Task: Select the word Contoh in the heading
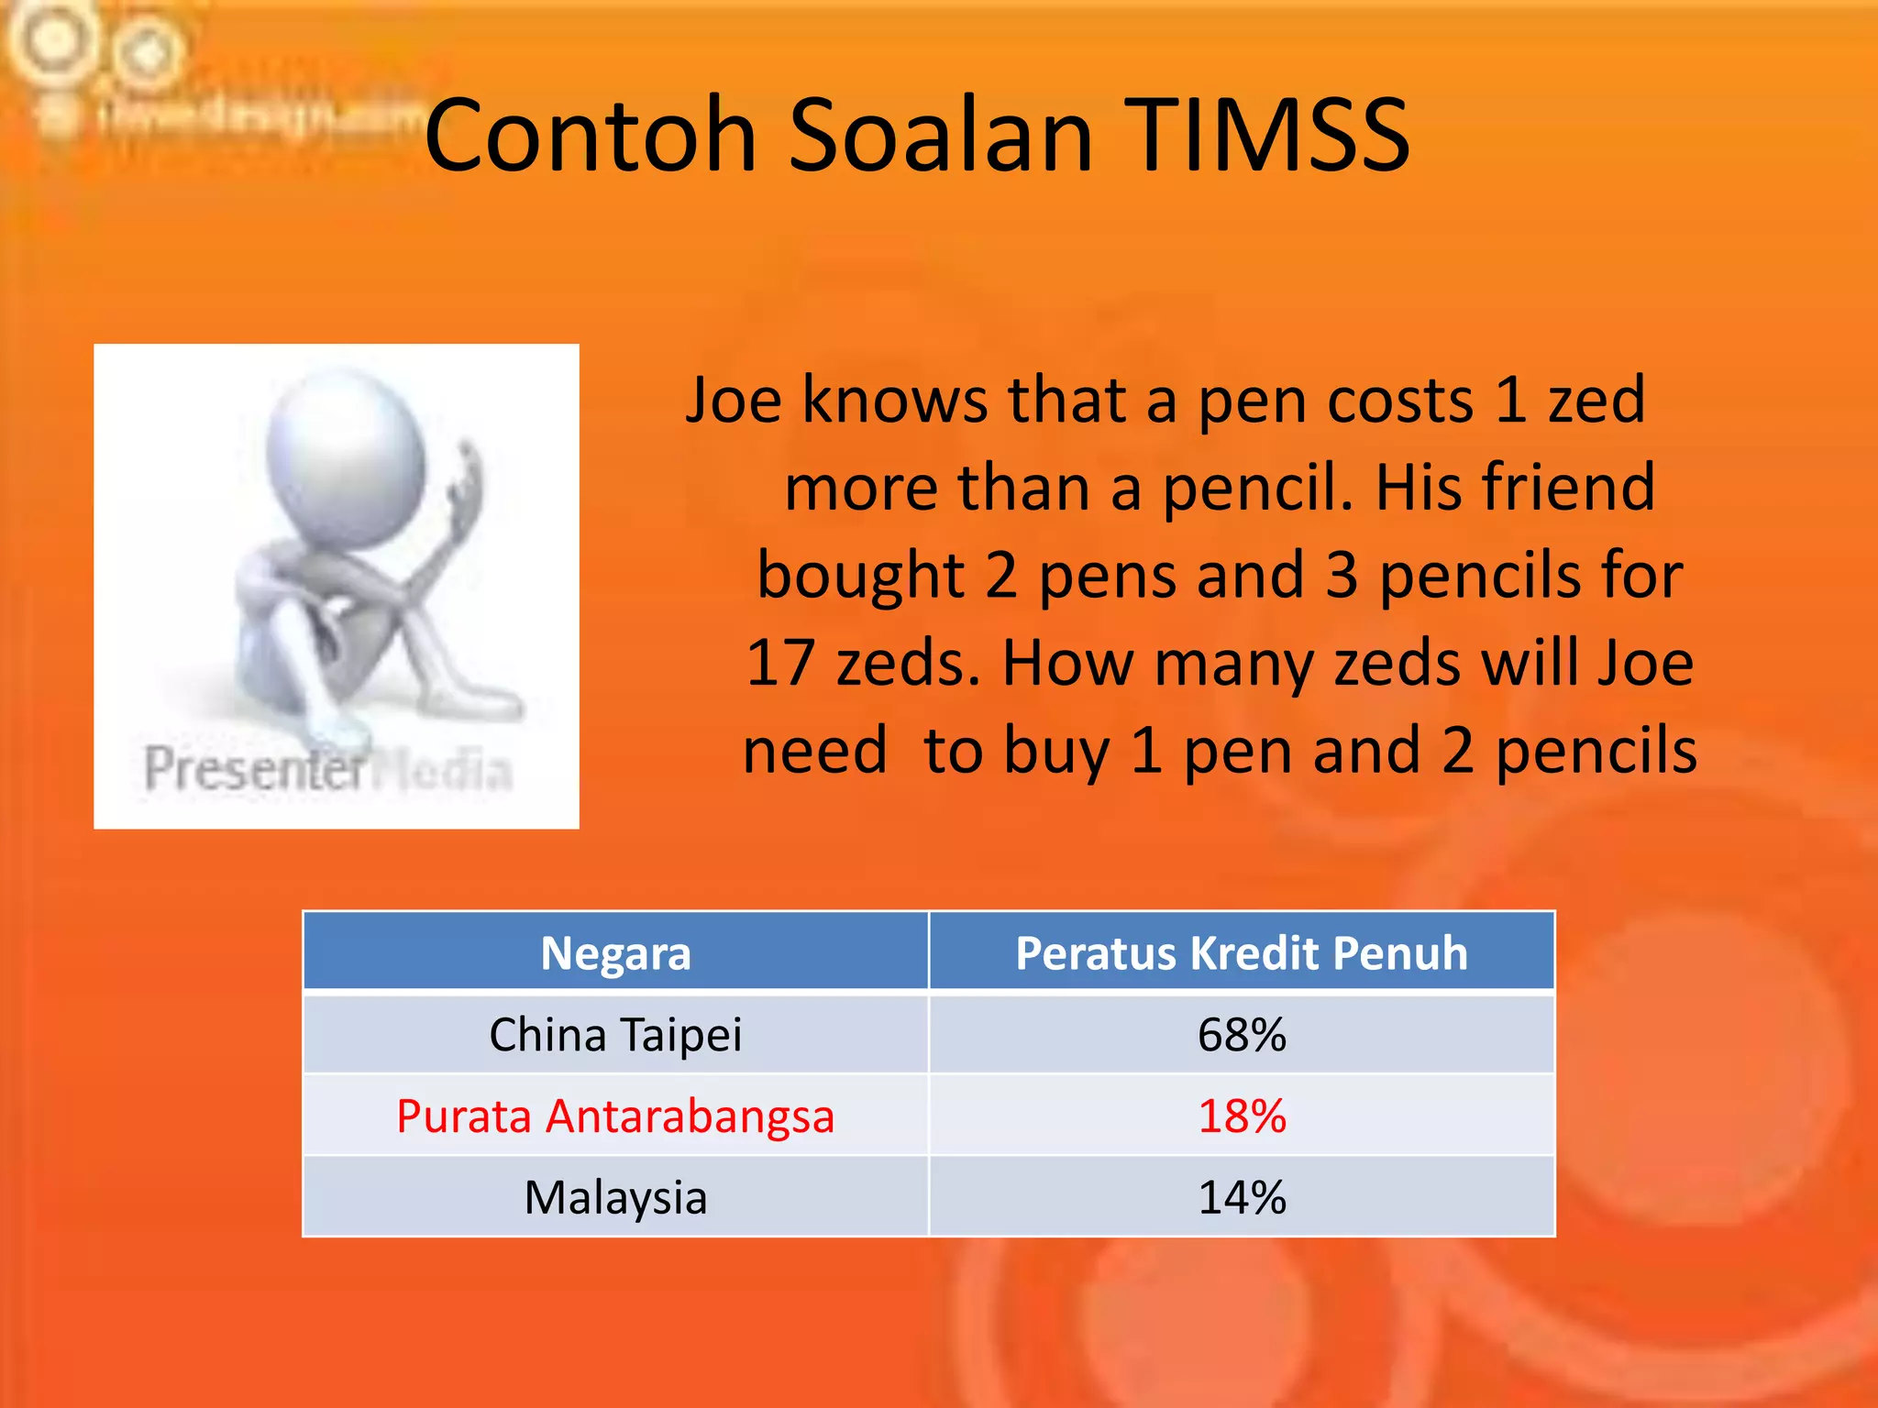(590, 136)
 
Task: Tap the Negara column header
(615, 953)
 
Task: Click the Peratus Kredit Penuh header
(1242, 953)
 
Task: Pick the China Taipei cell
(615, 1035)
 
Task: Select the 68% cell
(1242, 1035)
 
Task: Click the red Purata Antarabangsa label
(615, 1116)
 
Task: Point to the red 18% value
(1242, 1116)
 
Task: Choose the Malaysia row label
(615, 1197)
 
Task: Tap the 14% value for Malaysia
(1242, 1197)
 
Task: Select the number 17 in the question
(779, 663)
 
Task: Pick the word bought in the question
(860, 576)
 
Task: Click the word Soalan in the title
(941, 136)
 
